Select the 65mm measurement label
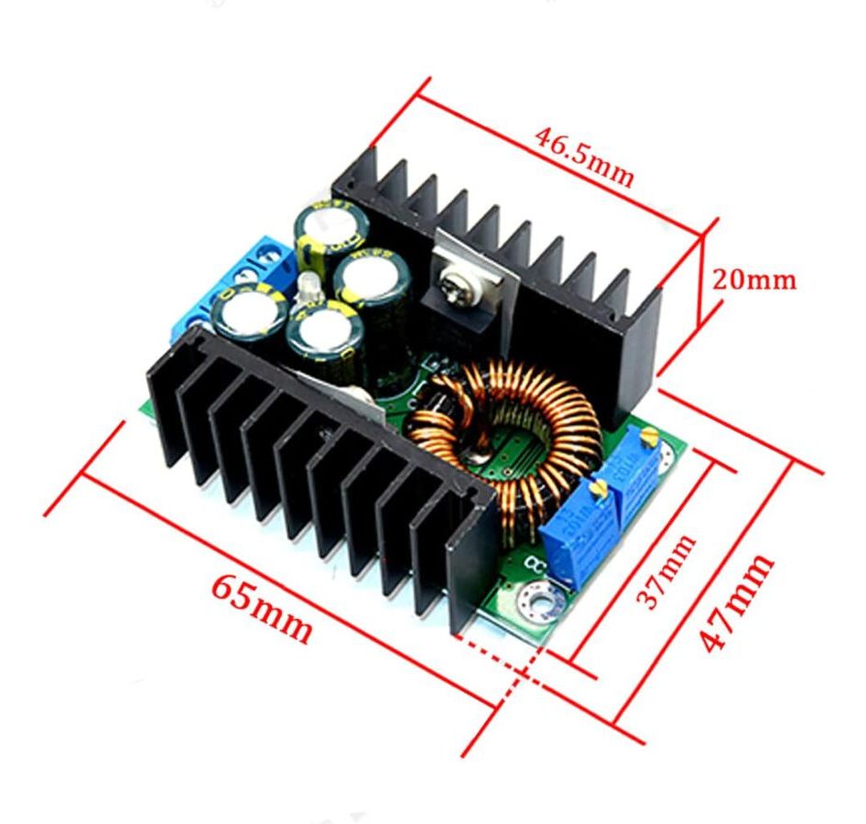pos(262,609)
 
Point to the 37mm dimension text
pos(666,572)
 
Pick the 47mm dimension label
pos(738,601)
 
